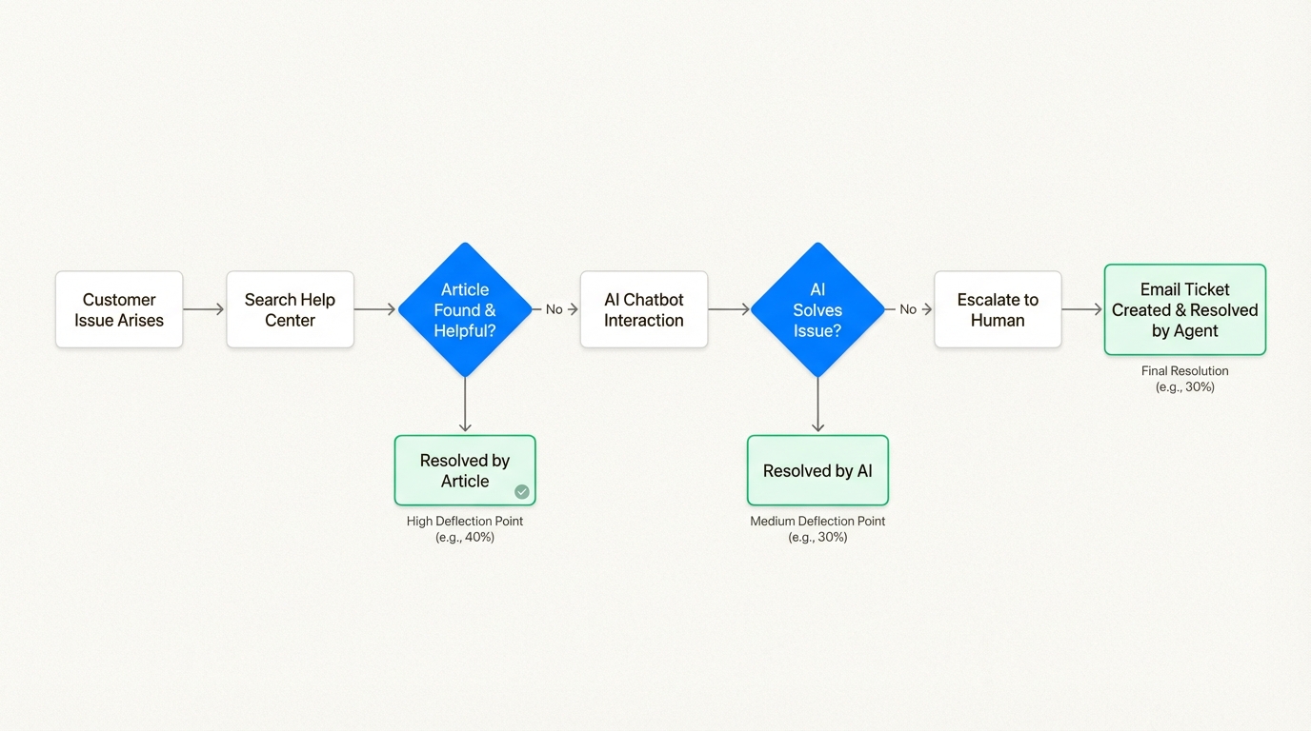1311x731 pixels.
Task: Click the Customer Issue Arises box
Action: click(x=119, y=309)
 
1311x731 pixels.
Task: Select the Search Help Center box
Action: click(x=290, y=309)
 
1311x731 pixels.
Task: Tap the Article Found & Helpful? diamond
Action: click(x=465, y=309)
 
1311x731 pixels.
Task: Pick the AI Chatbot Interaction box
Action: click(x=644, y=309)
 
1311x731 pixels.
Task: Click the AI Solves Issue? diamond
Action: click(x=817, y=309)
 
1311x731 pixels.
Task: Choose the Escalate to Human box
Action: click(x=998, y=309)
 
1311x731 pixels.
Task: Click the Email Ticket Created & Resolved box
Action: click(x=1185, y=309)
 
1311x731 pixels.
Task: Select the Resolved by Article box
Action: click(x=465, y=470)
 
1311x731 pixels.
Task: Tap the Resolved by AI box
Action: click(x=817, y=470)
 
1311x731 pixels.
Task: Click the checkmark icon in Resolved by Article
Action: click(x=522, y=492)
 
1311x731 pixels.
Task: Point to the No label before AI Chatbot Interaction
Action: click(x=554, y=309)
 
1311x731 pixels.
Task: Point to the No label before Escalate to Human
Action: click(x=908, y=309)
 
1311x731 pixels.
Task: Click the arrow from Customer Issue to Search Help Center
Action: click(x=204, y=309)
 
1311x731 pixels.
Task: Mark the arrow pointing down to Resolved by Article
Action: click(x=465, y=405)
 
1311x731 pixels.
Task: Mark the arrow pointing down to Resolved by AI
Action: click(x=817, y=405)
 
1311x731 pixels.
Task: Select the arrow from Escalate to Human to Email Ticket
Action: click(x=1082, y=309)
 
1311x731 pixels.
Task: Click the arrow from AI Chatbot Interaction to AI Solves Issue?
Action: click(x=729, y=309)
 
